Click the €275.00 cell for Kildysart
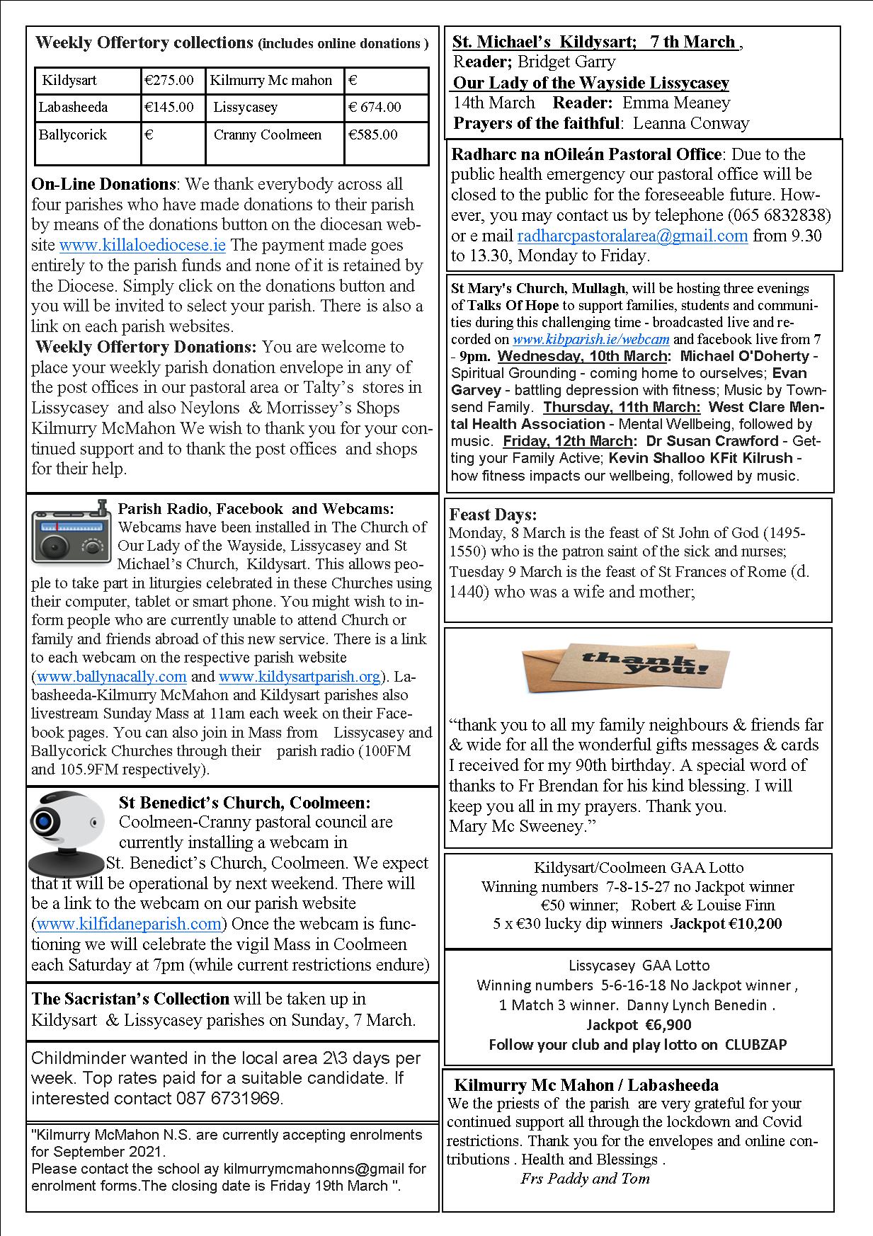point(169,81)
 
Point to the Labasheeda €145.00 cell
point(169,108)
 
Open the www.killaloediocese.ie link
point(142,246)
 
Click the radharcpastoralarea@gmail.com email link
point(632,236)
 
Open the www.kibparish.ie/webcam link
point(590,340)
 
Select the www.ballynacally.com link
point(111,677)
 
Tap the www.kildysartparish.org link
point(299,677)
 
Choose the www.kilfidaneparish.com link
point(129,924)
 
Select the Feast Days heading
point(493,515)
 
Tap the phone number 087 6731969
point(227,1099)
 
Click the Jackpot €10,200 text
point(726,924)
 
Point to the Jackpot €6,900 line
point(639,1024)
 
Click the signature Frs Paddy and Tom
point(585,1179)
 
